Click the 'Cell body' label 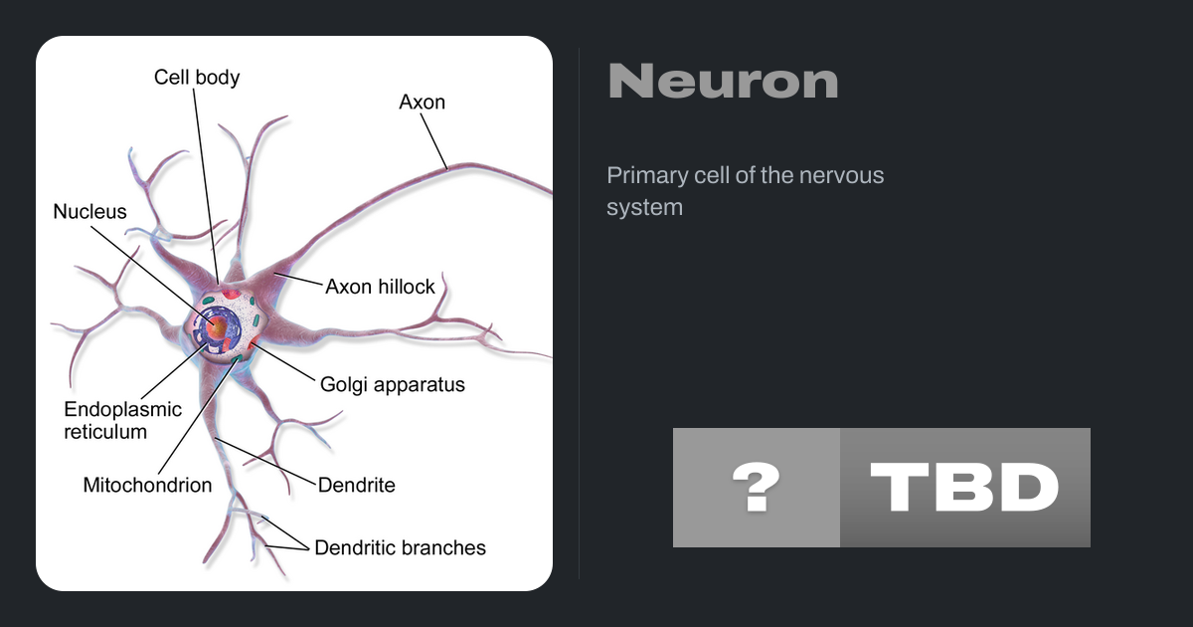197,77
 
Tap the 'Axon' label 422,102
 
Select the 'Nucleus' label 89,211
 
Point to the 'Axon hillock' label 380,287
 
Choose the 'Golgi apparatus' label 392,384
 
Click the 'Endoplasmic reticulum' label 122,420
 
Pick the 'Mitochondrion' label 147,486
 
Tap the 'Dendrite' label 356,486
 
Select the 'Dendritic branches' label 400,547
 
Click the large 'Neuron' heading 723,82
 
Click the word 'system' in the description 644,208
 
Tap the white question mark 756,488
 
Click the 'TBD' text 964,488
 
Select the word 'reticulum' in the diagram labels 105,432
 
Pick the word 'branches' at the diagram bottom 441,547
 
